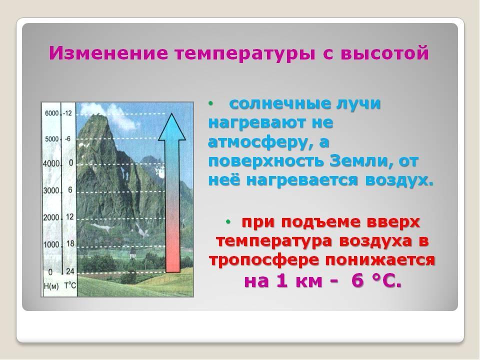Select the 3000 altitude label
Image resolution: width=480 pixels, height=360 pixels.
click(x=51, y=190)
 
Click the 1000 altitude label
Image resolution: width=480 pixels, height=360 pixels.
click(x=51, y=244)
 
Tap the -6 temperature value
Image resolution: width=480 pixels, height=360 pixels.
click(x=68, y=139)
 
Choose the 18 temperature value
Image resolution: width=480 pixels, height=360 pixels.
click(x=69, y=243)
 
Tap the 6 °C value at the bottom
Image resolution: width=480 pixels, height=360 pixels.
click(x=376, y=281)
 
